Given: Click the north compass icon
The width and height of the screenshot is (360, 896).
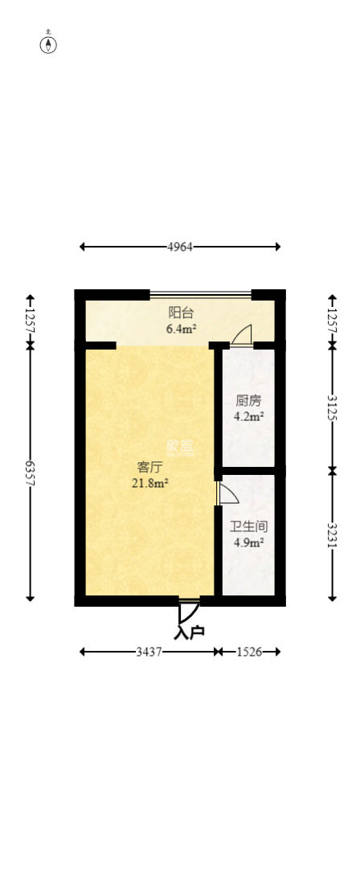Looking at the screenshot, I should pyautogui.click(x=49, y=43).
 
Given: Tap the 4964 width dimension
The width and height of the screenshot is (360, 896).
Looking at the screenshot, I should pyautogui.click(x=180, y=247).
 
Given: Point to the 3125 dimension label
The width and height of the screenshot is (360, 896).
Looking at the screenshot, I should pyautogui.click(x=333, y=407).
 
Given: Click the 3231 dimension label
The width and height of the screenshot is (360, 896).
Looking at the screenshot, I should pyautogui.click(x=333, y=534).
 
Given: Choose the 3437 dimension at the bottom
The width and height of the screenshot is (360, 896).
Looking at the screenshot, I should pyautogui.click(x=148, y=652).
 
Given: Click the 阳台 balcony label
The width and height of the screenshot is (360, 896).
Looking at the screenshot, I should pyautogui.click(x=181, y=313).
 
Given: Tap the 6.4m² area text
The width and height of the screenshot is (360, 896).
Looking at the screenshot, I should pyautogui.click(x=181, y=328).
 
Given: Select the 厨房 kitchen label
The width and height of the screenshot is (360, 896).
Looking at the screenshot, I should pyautogui.click(x=248, y=400).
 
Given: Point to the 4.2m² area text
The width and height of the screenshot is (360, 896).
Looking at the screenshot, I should pyautogui.click(x=248, y=416).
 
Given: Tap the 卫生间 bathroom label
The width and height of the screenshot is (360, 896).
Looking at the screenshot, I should pyautogui.click(x=248, y=527).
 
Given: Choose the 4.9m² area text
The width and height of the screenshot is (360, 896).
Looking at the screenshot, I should pyautogui.click(x=248, y=542).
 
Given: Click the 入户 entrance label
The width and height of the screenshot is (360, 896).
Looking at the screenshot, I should pyautogui.click(x=190, y=632).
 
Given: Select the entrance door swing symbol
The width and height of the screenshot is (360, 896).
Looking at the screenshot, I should pyautogui.click(x=188, y=612).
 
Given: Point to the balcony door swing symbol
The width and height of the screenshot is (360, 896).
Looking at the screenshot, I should pyautogui.click(x=242, y=336).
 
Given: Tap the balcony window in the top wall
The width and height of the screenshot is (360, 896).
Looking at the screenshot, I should pyautogui.click(x=200, y=294).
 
